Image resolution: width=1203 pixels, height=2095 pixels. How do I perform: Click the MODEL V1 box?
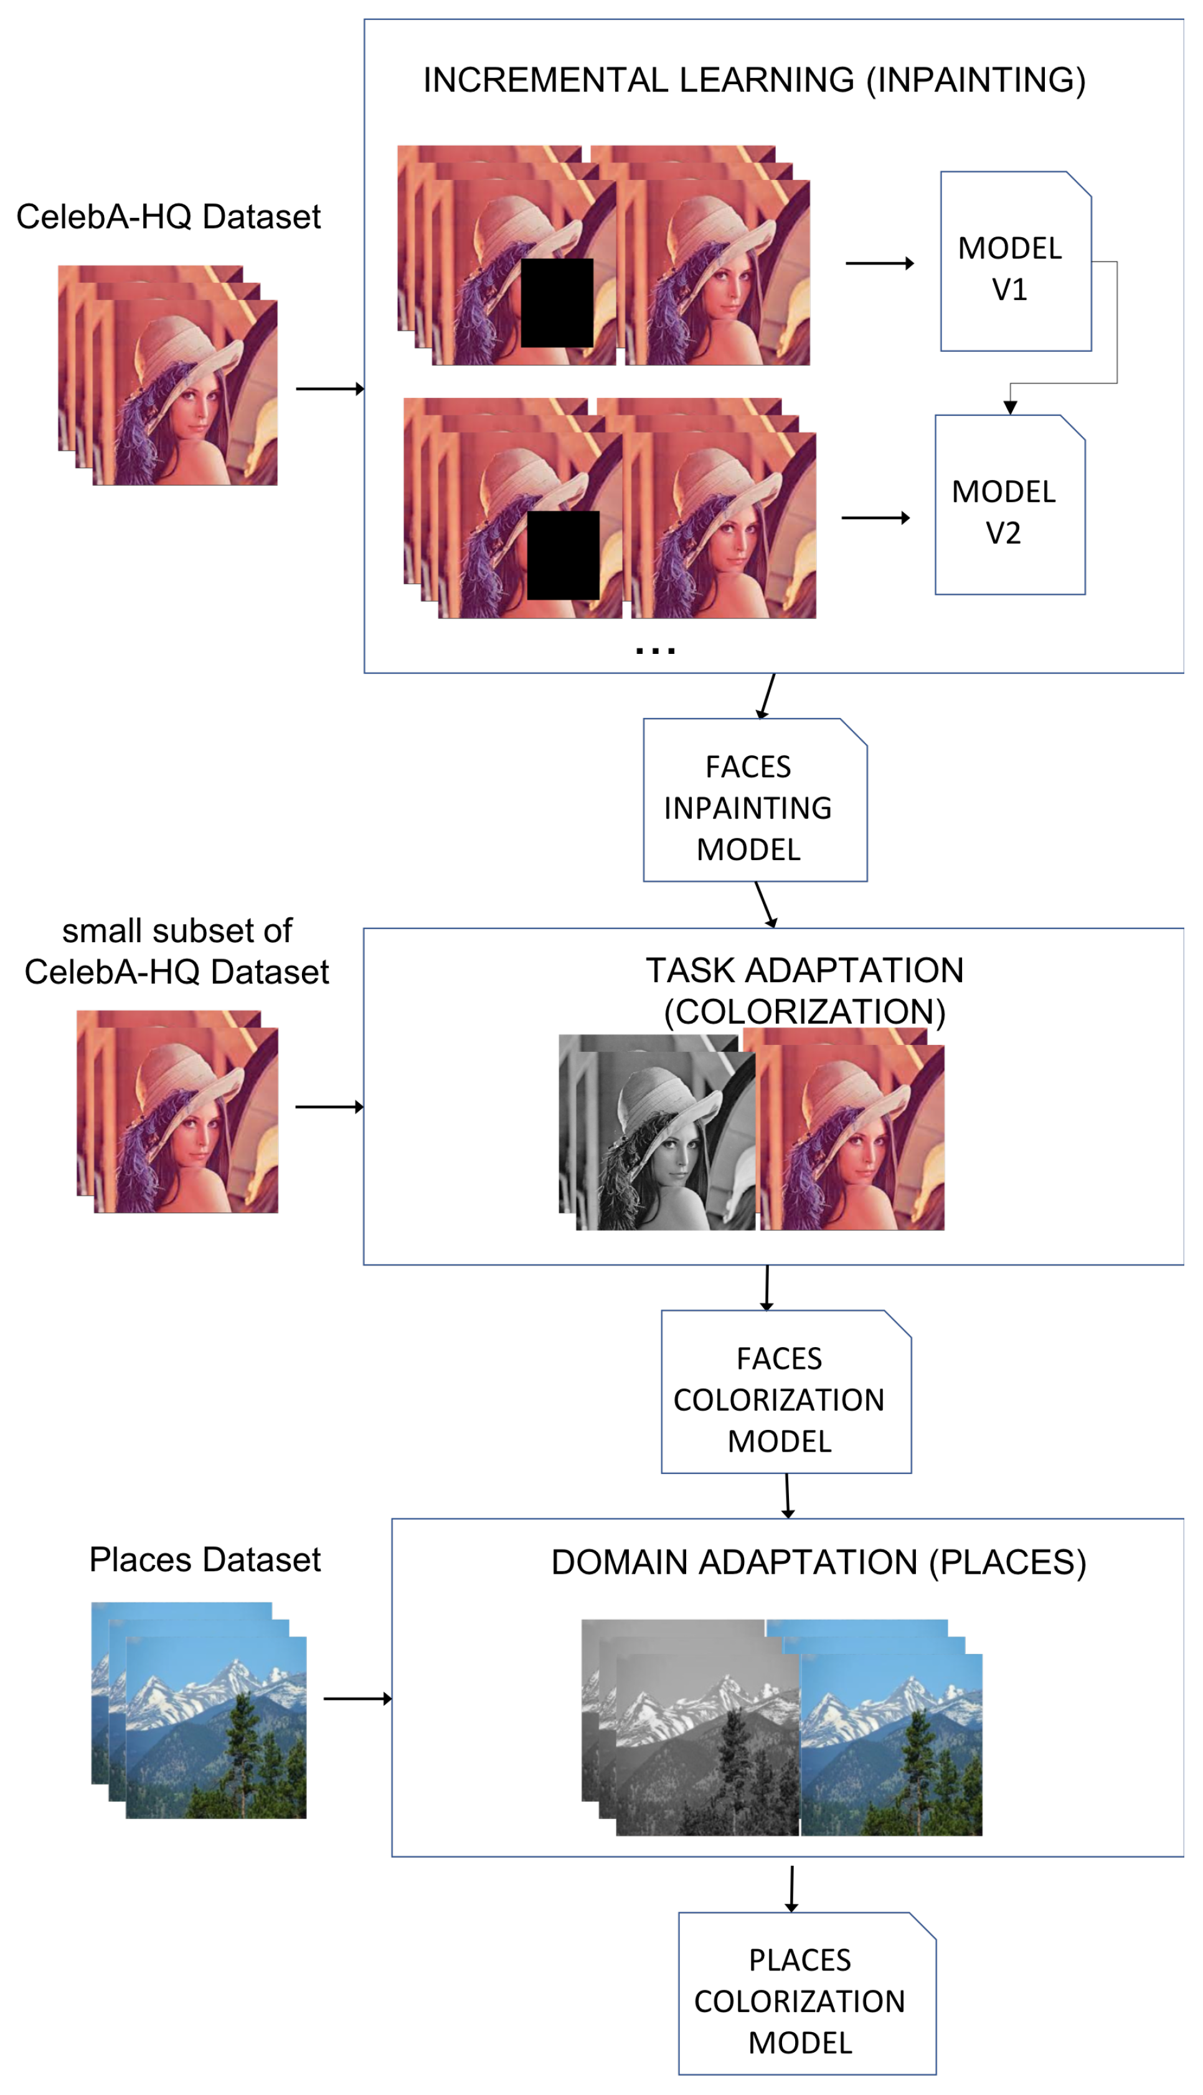click(x=1016, y=262)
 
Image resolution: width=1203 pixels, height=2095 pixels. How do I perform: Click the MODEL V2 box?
click(x=1010, y=506)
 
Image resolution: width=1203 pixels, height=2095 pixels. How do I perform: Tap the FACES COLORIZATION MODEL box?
click(x=785, y=1393)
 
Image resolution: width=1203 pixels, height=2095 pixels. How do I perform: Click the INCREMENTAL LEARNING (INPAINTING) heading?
click(x=753, y=80)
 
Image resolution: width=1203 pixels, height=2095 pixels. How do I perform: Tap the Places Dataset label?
click(x=205, y=1559)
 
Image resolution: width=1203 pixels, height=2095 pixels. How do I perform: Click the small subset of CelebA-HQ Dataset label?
click(x=177, y=951)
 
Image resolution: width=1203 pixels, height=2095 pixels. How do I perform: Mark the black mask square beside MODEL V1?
click(x=557, y=303)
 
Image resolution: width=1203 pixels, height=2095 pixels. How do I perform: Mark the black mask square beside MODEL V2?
click(x=563, y=555)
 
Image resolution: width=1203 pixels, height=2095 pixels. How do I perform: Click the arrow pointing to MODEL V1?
click(x=879, y=263)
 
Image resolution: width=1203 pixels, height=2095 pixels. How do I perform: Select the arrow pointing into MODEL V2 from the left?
click(x=875, y=518)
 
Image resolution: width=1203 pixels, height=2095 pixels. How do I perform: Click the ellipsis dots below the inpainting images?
click(x=655, y=651)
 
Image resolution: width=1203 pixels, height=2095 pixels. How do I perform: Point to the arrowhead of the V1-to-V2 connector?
click(x=1010, y=407)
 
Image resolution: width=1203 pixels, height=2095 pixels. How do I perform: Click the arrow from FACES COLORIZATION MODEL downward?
click(x=788, y=1496)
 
